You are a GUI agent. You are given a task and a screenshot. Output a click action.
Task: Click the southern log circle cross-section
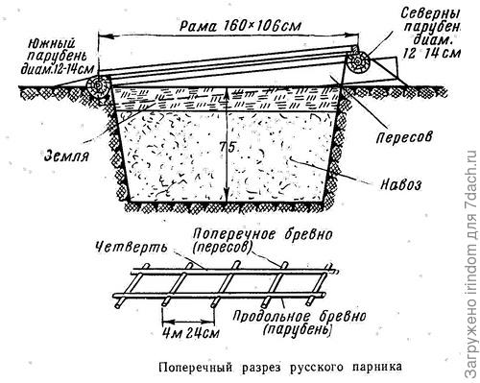[x=97, y=86]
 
